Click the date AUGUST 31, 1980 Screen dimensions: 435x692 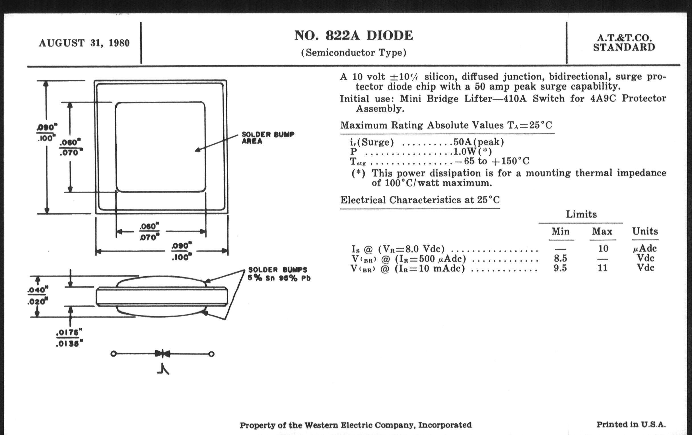[x=84, y=43]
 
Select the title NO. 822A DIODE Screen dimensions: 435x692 [x=353, y=36]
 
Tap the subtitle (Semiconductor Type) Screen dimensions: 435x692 [x=353, y=53]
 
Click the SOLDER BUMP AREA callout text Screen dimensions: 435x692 [x=267, y=138]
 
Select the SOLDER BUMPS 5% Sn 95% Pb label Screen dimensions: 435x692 [x=279, y=274]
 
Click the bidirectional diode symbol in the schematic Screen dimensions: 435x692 [x=163, y=354]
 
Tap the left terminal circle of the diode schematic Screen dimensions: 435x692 [x=114, y=354]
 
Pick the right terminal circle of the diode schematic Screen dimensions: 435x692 [x=211, y=354]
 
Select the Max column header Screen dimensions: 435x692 [x=602, y=231]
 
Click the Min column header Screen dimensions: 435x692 [x=560, y=231]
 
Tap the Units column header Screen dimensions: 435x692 [x=645, y=231]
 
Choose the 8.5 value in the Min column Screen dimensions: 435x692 [x=560, y=258]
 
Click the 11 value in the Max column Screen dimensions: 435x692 [x=602, y=268]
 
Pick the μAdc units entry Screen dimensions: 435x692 [x=645, y=248]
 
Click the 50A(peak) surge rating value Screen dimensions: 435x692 [x=479, y=142]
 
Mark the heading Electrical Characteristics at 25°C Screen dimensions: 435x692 [x=420, y=200]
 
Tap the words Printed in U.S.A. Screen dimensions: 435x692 [x=631, y=424]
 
